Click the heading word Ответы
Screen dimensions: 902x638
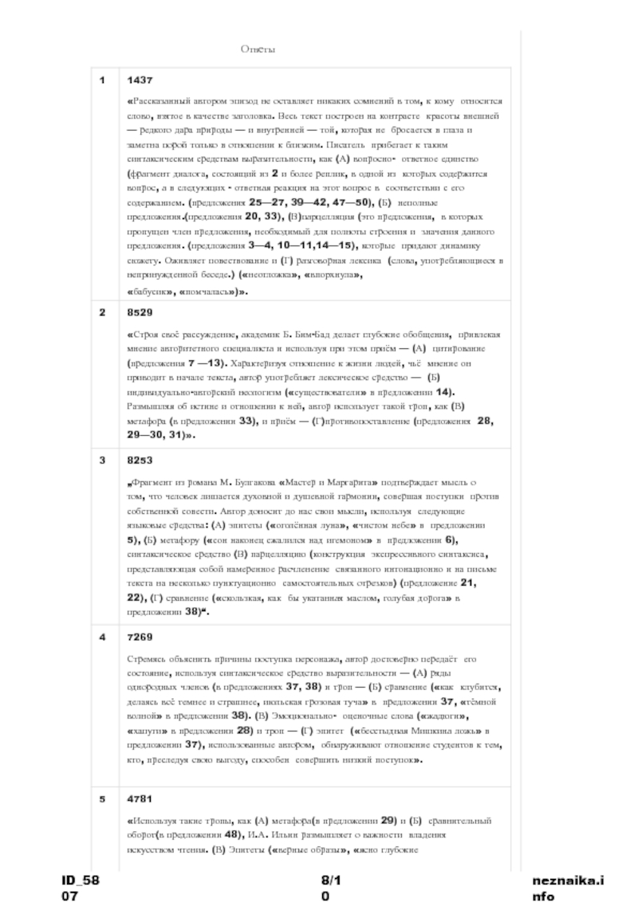(x=258, y=49)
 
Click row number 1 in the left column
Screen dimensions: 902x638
(x=102, y=80)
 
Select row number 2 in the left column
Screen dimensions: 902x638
(x=102, y=312)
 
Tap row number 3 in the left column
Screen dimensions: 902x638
(x=102, y=461)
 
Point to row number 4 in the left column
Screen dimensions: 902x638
(x=102, y=637)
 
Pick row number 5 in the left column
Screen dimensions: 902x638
(x=102, y=798)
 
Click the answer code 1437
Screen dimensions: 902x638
(x=139, y=80)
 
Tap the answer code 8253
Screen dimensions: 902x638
(x=139, y=461)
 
